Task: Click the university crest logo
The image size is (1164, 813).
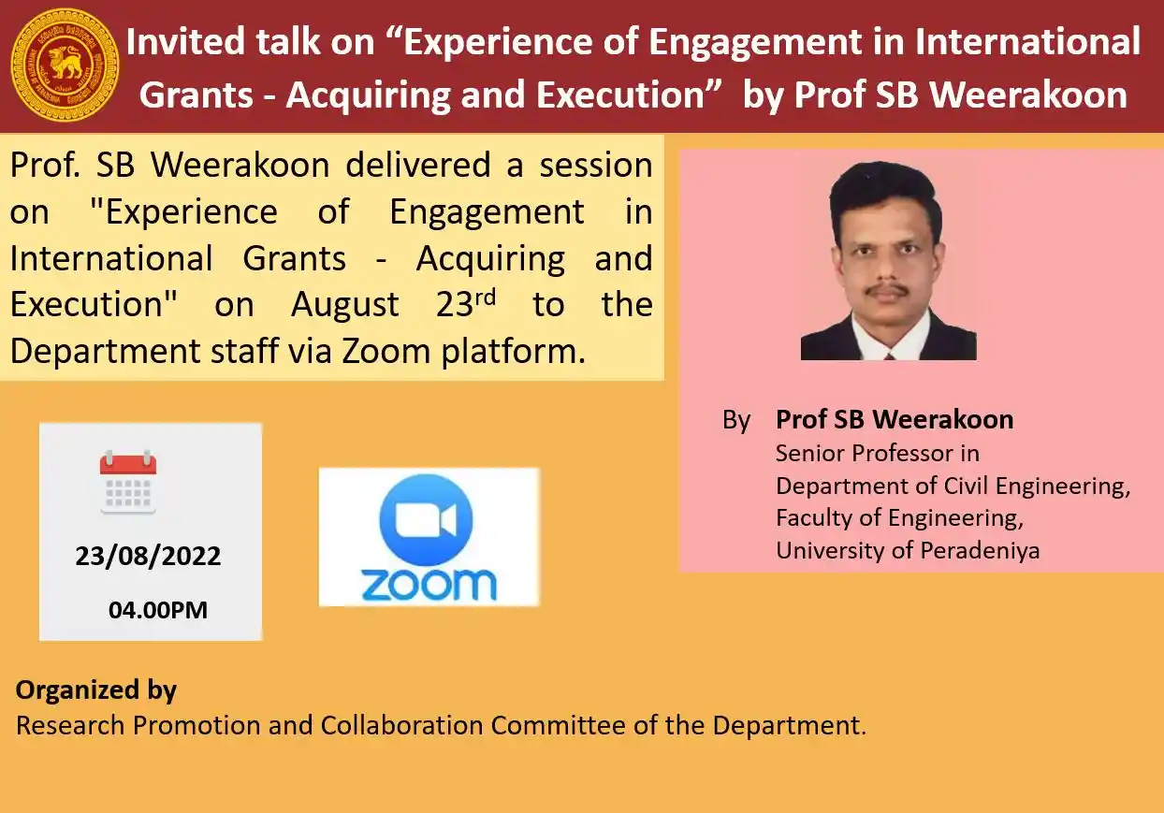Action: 65,65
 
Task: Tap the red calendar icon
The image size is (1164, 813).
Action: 128,482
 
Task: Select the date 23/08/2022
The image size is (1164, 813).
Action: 148,557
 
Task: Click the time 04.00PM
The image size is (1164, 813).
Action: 158,611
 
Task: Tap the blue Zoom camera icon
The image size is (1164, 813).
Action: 426,520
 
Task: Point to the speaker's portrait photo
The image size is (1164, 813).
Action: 888,261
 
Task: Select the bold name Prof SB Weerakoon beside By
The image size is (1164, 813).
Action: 894,420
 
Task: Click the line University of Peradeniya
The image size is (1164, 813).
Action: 907,550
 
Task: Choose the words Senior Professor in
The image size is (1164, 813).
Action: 877,454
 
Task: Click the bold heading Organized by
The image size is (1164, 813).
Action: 96,690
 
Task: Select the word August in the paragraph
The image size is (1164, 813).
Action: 344,305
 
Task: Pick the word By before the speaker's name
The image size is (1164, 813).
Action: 736,421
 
